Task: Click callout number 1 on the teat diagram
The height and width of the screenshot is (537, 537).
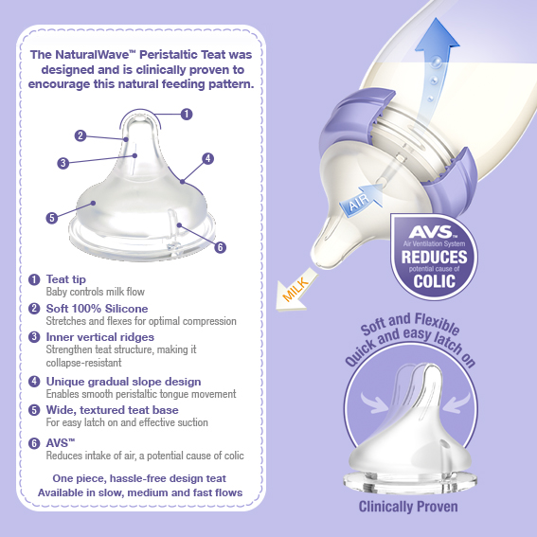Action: coord(187,114)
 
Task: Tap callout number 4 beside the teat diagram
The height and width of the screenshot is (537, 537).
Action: coord(207,158)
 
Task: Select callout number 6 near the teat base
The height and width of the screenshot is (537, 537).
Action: coord(220,247)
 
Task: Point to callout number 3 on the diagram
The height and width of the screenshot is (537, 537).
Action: coord(63,163)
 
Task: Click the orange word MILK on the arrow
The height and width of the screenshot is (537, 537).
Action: coord(295,290)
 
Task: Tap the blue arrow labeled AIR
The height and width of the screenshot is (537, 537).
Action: coord(361,200)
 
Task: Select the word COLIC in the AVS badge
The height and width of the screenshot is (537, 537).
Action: coord(435,281)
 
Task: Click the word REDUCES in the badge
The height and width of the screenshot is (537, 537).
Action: coord(435,257)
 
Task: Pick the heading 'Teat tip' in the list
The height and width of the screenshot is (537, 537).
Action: coord(66,279)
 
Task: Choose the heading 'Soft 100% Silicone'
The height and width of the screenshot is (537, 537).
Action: coord(97,309)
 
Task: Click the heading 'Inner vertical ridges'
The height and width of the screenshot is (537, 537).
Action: coord(100,337)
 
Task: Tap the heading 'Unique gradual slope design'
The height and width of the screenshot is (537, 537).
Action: coord(124,382)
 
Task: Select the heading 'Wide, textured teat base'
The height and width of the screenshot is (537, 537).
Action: coord(113,410)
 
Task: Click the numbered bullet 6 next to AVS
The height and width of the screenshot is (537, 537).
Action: coord(34,443)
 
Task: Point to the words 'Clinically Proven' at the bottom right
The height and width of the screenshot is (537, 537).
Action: coord(408,507)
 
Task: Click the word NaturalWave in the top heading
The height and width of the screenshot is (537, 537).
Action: coord(96,54)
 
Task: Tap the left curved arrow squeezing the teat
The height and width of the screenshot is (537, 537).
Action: coord(375,403)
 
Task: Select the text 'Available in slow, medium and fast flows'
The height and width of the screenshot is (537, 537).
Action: coord(140,492)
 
